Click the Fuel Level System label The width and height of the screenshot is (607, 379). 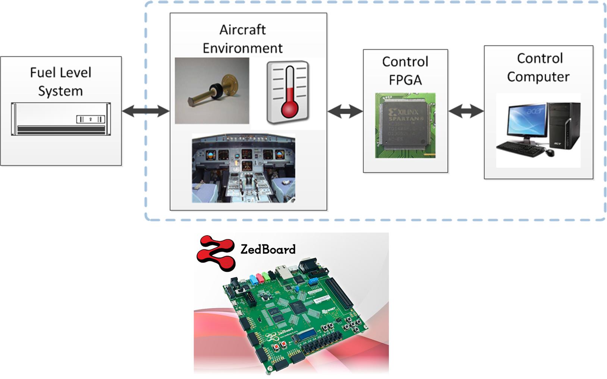click(x=60, y=81)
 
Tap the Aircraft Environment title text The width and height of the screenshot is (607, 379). click(x=242, y=39)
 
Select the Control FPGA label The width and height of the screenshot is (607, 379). click(x=405, y=71)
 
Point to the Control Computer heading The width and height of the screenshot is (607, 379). click(x=538, y=67)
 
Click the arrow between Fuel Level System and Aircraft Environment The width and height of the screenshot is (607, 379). click(x=146, y=111)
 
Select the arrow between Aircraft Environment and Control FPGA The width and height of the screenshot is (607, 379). click(x=345, y=111)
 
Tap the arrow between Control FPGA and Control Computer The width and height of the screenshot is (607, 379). click(x=466, y=111)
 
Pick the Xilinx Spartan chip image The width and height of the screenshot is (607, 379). click(x=405, y=125)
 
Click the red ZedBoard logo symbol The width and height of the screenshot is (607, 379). click(x=216, y=252)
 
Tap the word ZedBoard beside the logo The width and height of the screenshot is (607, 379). click(x=268, y=249)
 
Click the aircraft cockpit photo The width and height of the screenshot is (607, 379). click(x=243, y=168)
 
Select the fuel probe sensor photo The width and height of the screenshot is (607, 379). click(x=212, y=90)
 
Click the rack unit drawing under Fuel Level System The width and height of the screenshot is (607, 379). click(x=61, y=119)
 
